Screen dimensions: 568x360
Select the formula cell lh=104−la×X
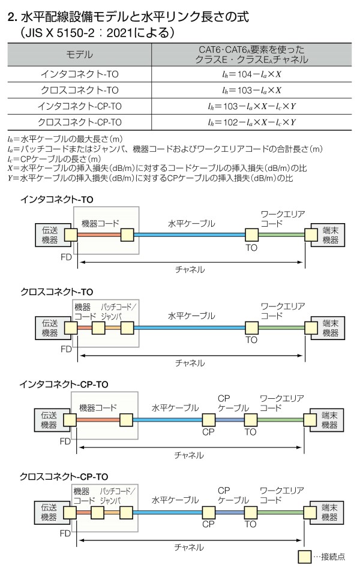tap(252, 75)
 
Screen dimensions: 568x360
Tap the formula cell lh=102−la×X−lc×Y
tap(252, 122)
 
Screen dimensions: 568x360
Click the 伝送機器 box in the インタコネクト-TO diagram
tap(50, 235)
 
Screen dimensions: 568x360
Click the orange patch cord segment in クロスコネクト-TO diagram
tap(112, 327)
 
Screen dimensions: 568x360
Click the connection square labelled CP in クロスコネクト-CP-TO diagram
tap(209, 512)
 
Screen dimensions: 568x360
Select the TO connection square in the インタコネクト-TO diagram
tap(251, 235)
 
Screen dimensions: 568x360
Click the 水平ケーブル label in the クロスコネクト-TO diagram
tap(191, 315)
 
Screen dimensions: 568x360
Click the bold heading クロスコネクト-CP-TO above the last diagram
tap(64, 476)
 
